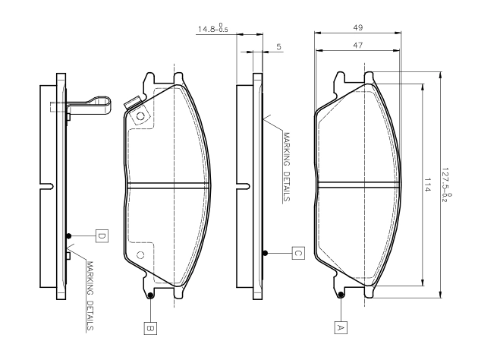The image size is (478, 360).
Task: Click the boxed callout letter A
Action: [341, 327]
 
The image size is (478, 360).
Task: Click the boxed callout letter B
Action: [150, 328]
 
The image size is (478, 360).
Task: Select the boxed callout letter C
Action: [298, 253]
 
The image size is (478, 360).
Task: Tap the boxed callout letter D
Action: [102, 236]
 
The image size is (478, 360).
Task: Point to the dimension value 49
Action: [358, 27]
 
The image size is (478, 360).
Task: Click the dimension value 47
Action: [358, 45]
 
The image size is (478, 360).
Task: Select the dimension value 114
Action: [426, 185]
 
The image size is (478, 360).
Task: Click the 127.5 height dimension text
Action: [446, 185]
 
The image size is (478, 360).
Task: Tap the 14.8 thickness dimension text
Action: [212, 28]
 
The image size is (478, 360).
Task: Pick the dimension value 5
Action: [279, 47]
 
